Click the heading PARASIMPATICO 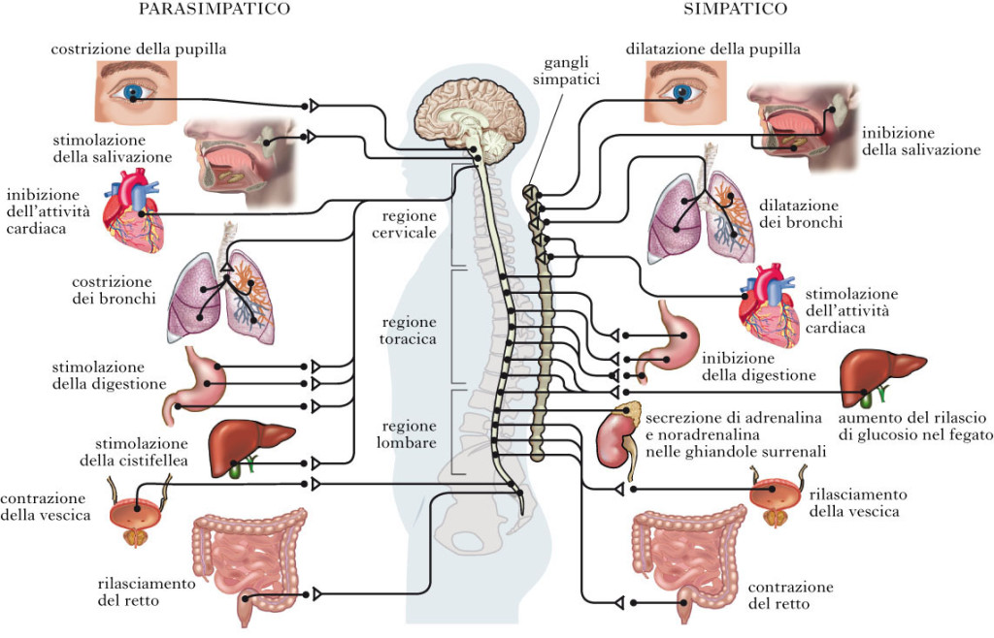click(214, 10)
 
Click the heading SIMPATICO click(734, 10)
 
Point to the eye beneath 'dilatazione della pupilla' click(685, 90)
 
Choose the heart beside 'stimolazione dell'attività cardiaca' click(767, 308)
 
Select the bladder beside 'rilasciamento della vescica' click(776, 498)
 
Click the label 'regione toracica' click(409, 331)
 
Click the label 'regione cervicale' click(409, 224)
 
